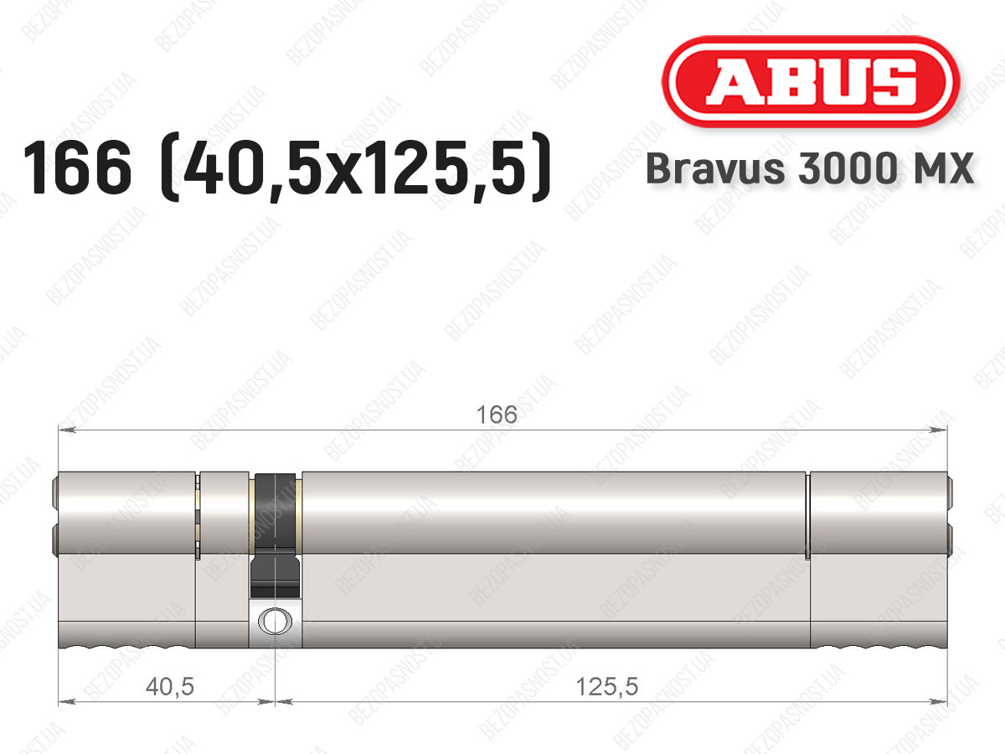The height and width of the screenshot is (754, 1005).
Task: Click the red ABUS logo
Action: [811, 81]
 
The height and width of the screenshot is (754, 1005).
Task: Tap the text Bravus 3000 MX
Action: [810, 168]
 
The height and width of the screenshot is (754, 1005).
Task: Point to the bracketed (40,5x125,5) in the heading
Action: [356, 167]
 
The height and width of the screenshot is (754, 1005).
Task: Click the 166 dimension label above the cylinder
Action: [497, 415]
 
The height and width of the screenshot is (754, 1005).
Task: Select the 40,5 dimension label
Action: [170, 687]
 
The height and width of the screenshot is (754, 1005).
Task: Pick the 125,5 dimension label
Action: [606, 687]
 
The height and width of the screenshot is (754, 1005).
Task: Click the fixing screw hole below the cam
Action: [276, 622]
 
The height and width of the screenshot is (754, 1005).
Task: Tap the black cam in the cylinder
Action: [276, 535]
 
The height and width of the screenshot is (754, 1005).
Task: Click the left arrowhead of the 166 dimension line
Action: [67, 430]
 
